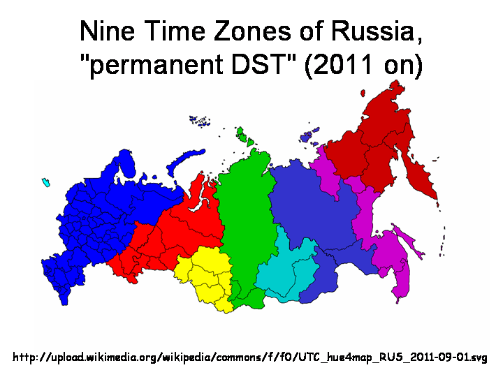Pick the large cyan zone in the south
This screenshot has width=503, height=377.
tap(286, 269)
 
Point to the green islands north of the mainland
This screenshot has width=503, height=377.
tap(245, 135)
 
